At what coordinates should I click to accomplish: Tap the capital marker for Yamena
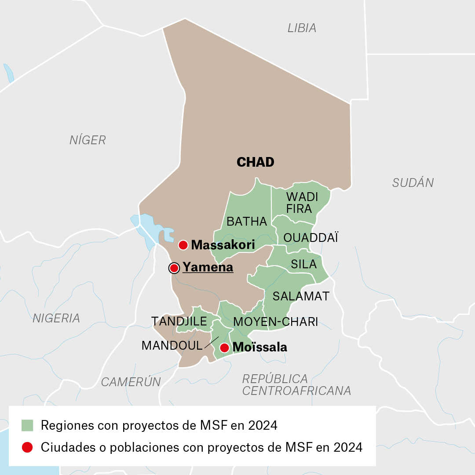(x=175, y=267)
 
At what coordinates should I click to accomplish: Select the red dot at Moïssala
(x=224, y=347)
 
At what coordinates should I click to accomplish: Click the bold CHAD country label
(x=255, y=162)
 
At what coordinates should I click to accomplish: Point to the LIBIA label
(x=302, y=28)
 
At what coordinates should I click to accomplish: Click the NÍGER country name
(x=88, y=140)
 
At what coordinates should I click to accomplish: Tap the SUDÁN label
(x=413, y=183)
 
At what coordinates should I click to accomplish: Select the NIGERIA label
(x=56, y=318)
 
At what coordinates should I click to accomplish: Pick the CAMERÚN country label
(x=131, y=382)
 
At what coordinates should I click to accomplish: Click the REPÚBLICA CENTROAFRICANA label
(x=296, y=385)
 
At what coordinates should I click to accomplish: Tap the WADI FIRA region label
(x=301, y=202)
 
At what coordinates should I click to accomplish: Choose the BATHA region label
(x=246, y=221)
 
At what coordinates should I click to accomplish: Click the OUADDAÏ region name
(x=311, y=238)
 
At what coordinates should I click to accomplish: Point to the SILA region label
(x=303, y=264)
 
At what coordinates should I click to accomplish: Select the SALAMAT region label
(x=301, y=296)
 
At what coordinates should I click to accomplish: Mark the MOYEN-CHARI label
(x=275, y=322)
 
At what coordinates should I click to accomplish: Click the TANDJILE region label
(x=179, y=321)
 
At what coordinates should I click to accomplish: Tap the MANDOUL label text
(x=172, y=345)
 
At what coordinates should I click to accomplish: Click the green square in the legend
(x=27, y=425)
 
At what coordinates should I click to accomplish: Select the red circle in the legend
(x=27, y=447)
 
